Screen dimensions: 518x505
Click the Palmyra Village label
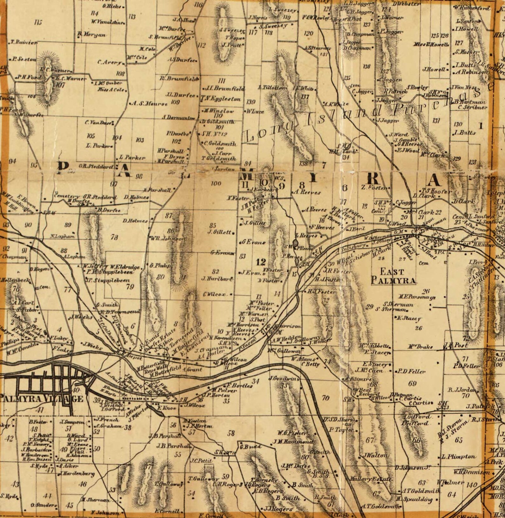pos(41,399)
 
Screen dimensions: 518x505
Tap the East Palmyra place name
pos(393,276)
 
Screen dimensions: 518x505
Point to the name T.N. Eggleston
pos(221,99)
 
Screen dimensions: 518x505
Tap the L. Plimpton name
pos(459,457)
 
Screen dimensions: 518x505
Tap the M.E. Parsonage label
pos(417,297)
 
